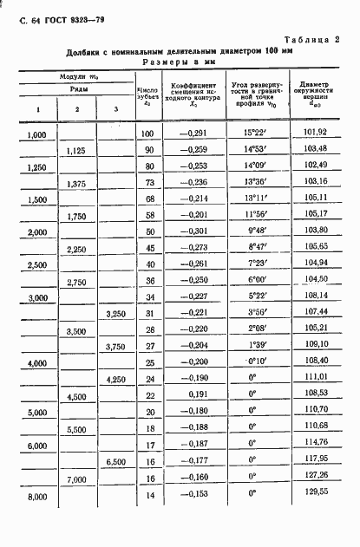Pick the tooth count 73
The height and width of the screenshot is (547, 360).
(148, 182)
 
